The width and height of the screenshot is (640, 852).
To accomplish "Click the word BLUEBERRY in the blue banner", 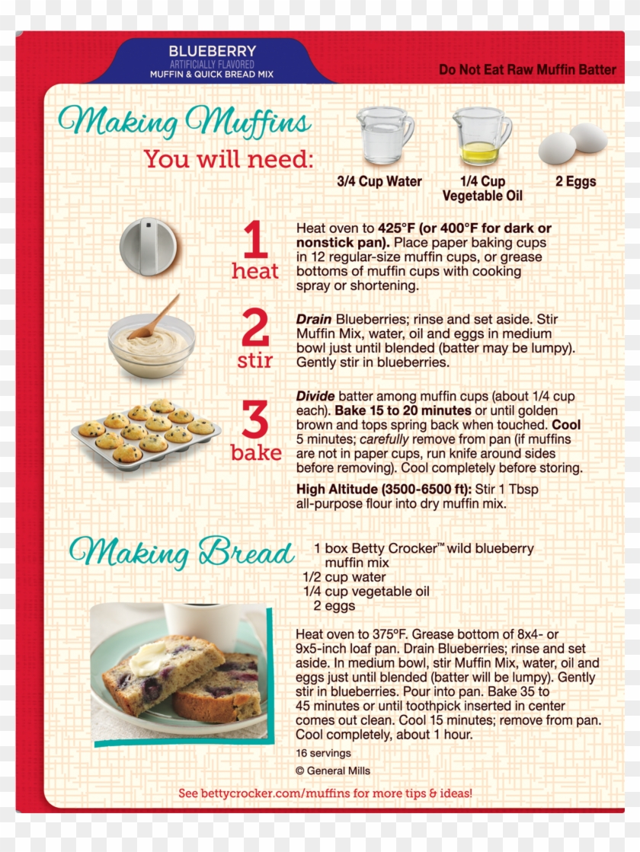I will point(212,51).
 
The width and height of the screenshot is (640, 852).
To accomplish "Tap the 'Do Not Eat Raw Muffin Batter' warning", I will point(527,69).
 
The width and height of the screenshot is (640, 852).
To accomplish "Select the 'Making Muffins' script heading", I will point(184,121).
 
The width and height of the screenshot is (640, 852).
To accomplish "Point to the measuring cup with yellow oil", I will point(481,136).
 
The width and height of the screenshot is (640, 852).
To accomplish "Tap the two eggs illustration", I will point(573,143).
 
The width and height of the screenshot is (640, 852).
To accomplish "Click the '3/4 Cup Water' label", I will point(379,182).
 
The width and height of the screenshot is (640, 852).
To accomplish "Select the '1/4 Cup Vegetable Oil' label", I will point(482,189).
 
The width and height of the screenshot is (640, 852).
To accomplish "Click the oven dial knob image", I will point(149,246).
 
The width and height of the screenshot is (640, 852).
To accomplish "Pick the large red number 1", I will point(255,240).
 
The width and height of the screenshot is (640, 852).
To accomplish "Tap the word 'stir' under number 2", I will point(254,360).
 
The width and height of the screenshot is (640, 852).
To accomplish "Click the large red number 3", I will point(256,421).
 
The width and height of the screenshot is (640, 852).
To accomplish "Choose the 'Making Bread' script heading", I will point(181,552).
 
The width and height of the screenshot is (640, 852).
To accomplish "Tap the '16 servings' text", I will point(324,753).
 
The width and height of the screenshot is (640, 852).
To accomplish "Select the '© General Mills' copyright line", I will point(333,771).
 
